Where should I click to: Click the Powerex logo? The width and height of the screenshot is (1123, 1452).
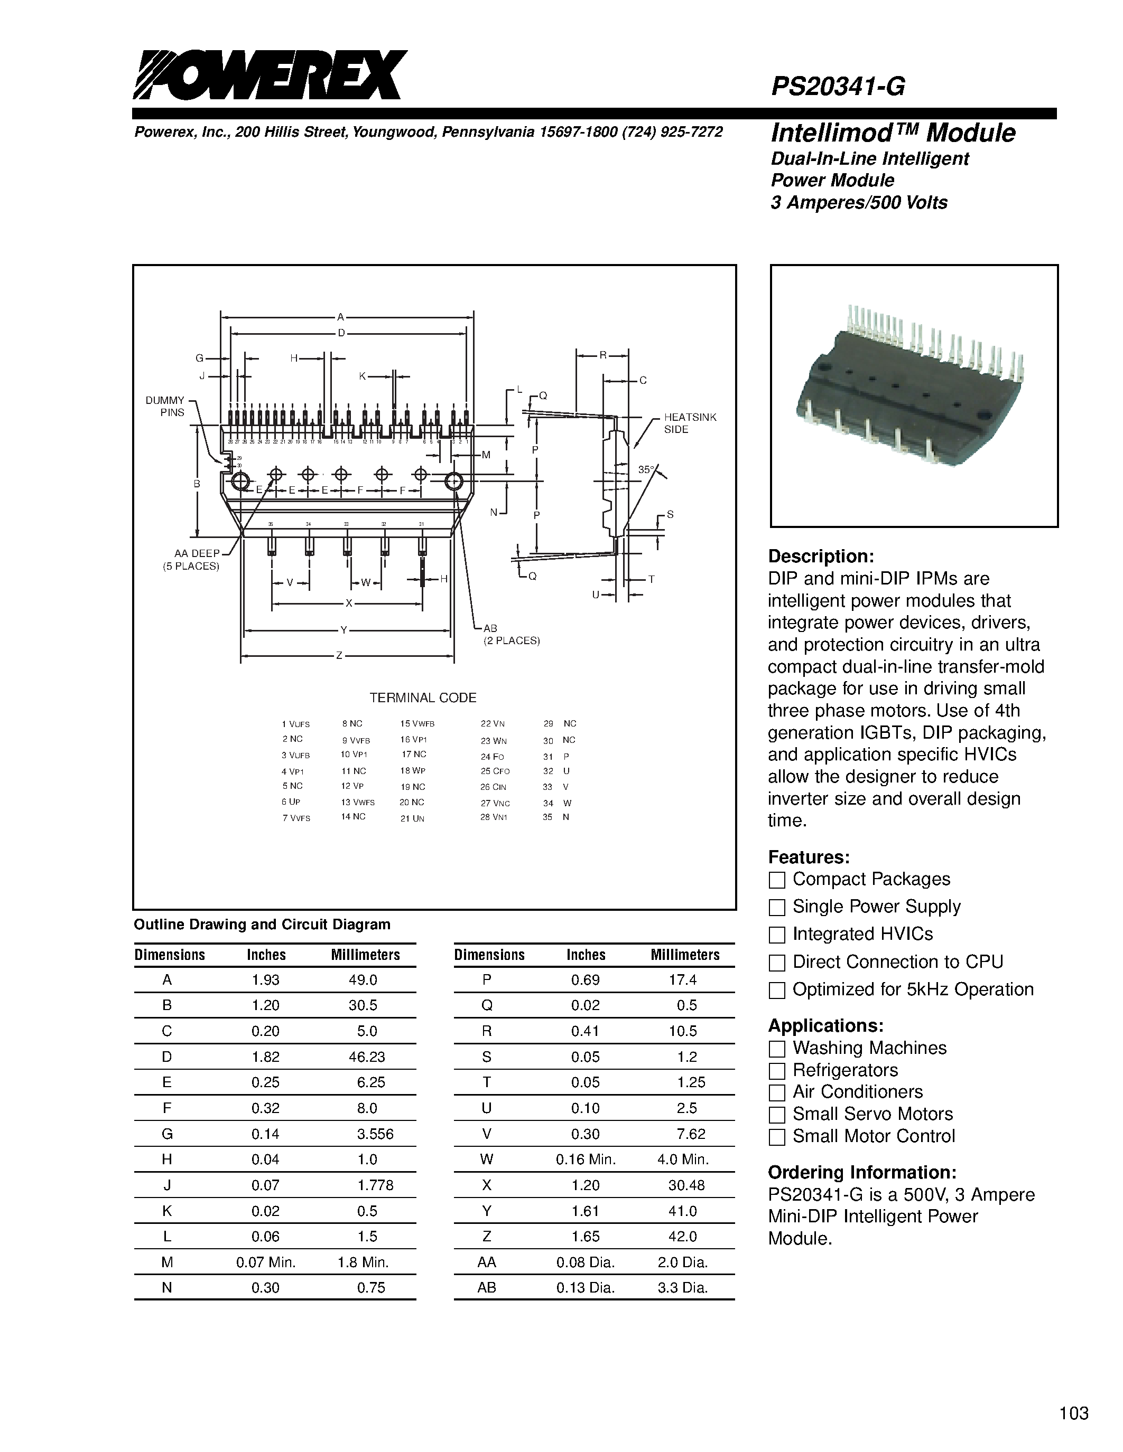click(270, 75)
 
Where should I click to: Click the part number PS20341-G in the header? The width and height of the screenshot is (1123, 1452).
click(838, 87)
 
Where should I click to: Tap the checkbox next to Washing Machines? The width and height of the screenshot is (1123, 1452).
click(776, 1049)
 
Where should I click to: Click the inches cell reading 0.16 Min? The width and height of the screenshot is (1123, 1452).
click(586, 1159)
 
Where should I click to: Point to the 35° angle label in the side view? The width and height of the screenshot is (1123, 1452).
click(646, 469)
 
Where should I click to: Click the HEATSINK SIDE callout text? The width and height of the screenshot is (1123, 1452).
click(690, 423)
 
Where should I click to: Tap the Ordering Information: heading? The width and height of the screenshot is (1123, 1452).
click(862, 1172)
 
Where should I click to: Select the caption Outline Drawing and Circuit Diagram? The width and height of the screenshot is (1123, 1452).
click(262, 924)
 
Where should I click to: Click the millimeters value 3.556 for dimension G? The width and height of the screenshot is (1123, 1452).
click(375, 1134)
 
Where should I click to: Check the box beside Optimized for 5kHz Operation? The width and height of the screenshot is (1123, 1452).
click(776, 991)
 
